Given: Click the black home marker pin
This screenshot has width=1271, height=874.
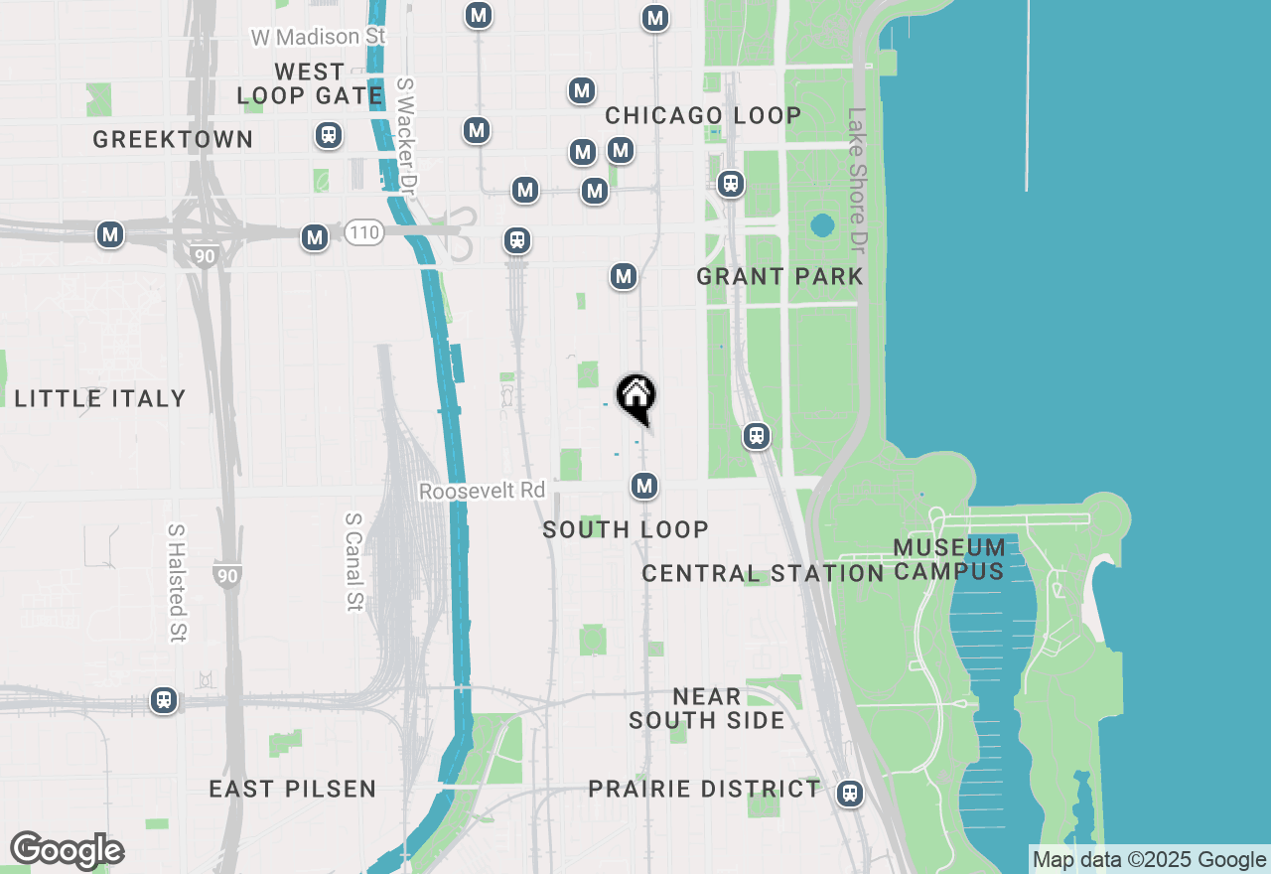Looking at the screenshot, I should (636, 398).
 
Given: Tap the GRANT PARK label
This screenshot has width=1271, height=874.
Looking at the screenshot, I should (779, 276).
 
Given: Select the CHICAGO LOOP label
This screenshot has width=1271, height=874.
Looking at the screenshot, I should (703, 115).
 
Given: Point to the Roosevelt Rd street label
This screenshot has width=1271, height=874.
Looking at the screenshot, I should (482, 491).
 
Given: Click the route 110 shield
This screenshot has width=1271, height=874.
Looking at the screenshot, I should (364, 233).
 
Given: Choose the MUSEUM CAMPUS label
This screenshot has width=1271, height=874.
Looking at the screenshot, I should (949, 559).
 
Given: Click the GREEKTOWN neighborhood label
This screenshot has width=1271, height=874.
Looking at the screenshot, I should (173, 139).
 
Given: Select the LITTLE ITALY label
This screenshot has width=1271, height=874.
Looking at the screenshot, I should (100, 398).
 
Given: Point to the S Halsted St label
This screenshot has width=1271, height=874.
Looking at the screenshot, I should (177, 582).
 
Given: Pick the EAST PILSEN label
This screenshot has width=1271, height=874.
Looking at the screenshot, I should (293, 789).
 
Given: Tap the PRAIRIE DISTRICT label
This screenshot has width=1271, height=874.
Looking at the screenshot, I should (704, 789).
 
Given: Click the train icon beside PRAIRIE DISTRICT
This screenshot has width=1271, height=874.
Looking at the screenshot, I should (849, 793).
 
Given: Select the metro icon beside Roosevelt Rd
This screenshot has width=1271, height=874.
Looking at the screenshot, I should (644, 486).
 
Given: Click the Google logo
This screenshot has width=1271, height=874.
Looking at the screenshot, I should (67, 850).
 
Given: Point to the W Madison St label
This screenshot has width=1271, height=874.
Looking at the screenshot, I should (318, 37).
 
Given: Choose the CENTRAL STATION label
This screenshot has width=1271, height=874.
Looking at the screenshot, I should (763, 573).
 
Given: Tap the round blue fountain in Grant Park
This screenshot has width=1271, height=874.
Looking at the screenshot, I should (822, 225).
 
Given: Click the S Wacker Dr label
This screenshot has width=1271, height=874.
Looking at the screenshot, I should (407, 134).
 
